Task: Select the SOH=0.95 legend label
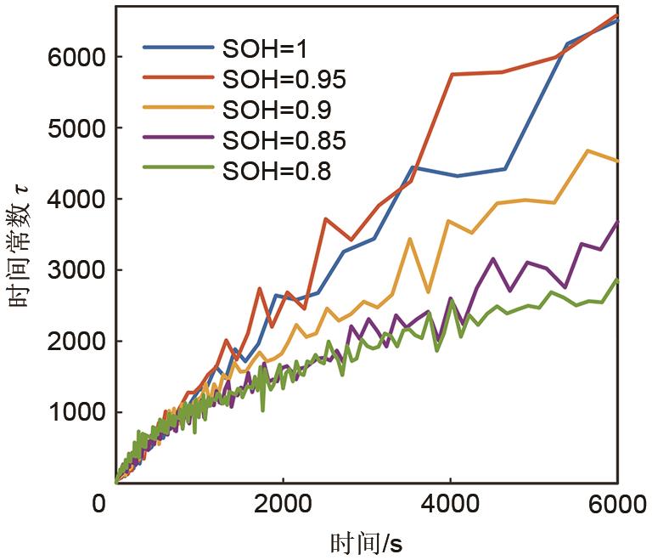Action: click(x=284, y=81)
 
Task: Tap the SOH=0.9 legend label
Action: click(x=276, y=110)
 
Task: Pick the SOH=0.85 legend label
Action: click(x=284, y=140)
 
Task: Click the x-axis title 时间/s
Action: click(x=365, y=540)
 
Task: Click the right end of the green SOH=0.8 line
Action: click(x=617, y=280)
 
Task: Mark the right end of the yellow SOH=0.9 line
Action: click(x=617, y=161)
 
